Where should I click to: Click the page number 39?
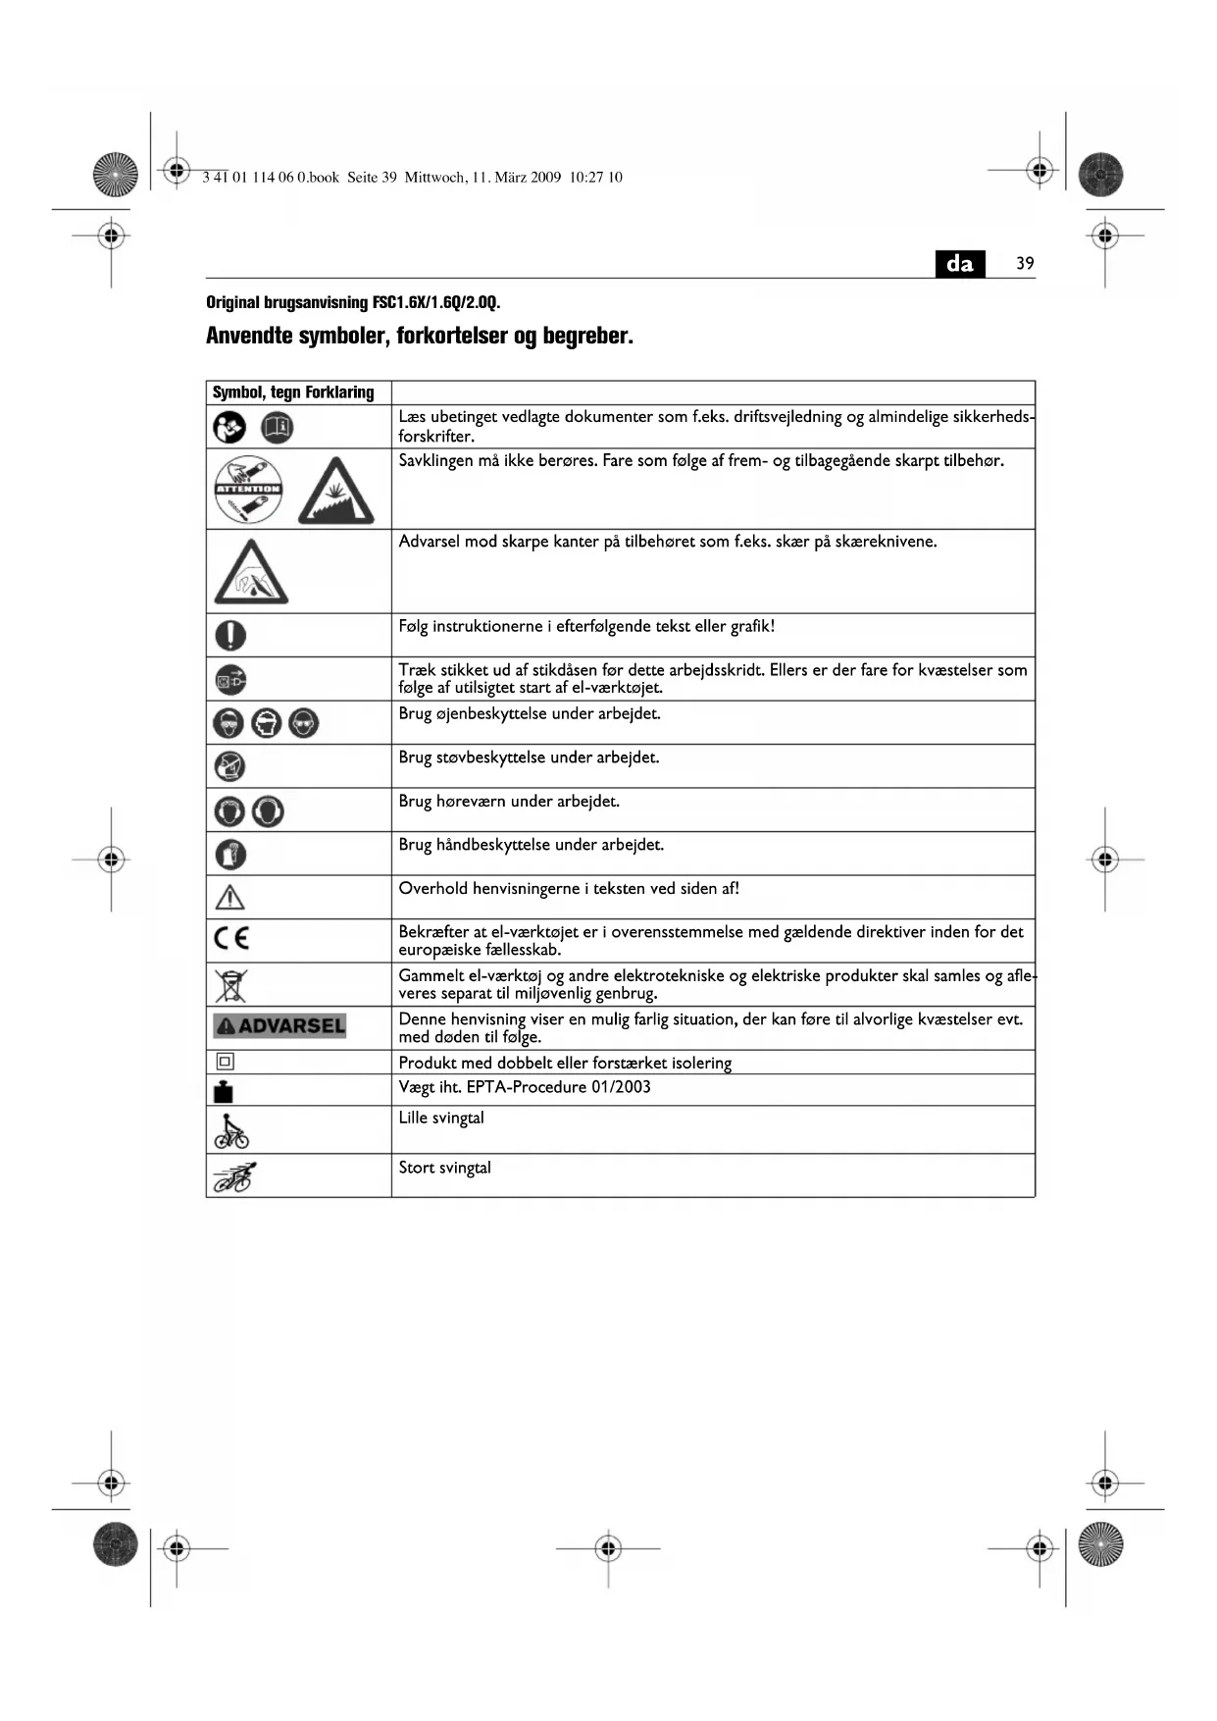pyautogui.click(x=1025, y=263)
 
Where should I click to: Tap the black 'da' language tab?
pyautogui.click(x=960, y=263)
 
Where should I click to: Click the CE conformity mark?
pyautogui.click(x=231, y=939)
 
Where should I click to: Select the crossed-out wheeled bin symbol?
pyautogui.click(x=231, y=984)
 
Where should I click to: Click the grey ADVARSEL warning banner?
pyautogui.click(x=279, y=1026)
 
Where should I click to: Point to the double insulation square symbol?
pyautogui.click(x=225, y=1062)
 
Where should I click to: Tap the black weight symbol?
pyautogui.click(x=224, y=1091)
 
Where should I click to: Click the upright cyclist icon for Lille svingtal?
pyautogui.click(x=231, y=1129)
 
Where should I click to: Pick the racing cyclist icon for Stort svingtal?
pyautogui.click(x=235, y=1175)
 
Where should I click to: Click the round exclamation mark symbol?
pyautogui.click(x=230, y=635)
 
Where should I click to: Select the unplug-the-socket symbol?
pyautogui.click(x=230, y=679)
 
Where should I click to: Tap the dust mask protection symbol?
pyautogui.click(x=230, y=766)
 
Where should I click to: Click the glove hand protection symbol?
pyautogui.click(x=230, y=855)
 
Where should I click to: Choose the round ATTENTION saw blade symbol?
pyautogui.click(x=249, y=489)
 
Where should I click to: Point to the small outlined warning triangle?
pyautogui.click(x=229, y=897)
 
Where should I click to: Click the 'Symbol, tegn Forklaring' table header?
pyautogui.click(x=293, y=392)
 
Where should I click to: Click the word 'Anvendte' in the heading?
pyautogui.click(x=247, y=336)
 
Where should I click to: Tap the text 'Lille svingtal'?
pyautogui.click(x=441, y=1118)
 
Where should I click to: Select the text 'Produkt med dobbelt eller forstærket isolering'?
pyautogui.click(x=565, y=1063)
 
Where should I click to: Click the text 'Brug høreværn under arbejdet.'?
pyautogui.click(x=509, y=801)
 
